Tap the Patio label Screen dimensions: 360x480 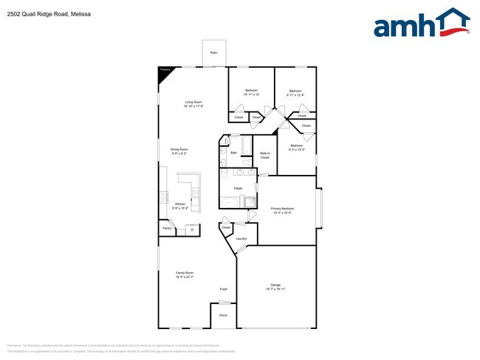tap(213, 53)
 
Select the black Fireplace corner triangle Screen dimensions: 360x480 tap(163, 71)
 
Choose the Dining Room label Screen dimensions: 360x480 tap(179, 150)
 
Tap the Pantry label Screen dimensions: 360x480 tap(167, 229)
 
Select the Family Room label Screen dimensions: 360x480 tap(184, 273)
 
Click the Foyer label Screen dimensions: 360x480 tap(223, 289)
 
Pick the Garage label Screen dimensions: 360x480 tap(276, 287)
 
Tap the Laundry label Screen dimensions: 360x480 tap(241, 239)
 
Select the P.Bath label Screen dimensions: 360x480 tap(238, 189)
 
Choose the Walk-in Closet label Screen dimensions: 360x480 tap(264, 155)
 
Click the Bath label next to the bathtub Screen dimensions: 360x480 tap(233, 153)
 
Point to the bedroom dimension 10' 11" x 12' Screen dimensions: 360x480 tap(251, 95)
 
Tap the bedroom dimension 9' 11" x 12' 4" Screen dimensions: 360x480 tap(295, 95)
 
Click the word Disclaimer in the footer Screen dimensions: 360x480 tap(14, 345)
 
